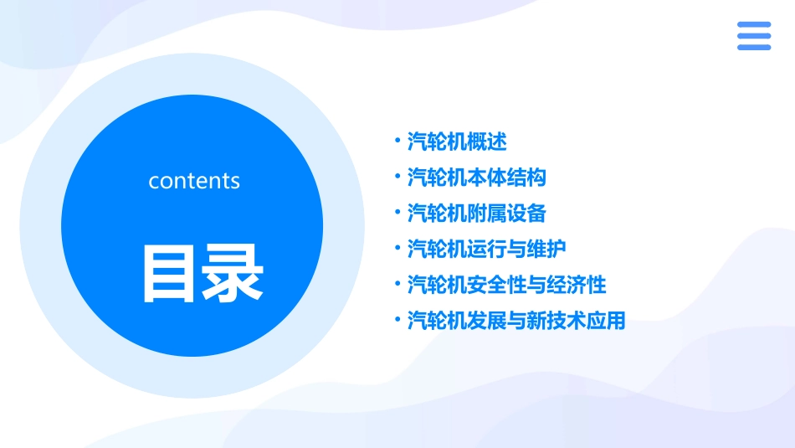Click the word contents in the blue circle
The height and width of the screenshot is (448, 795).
click(194, 181)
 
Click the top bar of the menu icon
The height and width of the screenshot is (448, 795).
click(754, 25)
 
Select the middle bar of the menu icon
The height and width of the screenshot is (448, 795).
click(754, 36)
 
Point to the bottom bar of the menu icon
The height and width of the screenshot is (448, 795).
click(754, 47)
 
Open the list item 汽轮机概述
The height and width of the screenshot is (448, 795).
click(457, 142)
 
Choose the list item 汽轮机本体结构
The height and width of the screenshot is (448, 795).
click(477, 178)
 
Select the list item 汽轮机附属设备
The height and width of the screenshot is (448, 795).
click(477, 214)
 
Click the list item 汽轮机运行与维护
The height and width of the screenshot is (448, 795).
click(486, 250)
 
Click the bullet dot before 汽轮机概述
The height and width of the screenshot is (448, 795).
click(397, 141)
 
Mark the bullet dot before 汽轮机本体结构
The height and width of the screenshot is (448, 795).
click(397, 177)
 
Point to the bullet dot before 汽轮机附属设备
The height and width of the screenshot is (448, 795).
click(397, 213)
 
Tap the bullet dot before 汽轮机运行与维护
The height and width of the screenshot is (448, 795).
click(397, 249)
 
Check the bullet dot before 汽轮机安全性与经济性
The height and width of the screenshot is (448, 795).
click(397, 285)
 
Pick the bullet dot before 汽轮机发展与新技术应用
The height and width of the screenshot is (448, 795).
click(397, 321)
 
